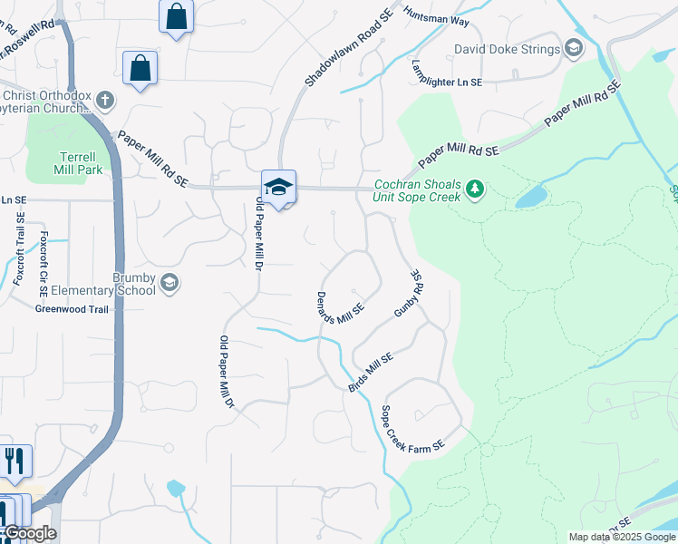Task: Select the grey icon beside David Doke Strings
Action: [573, 47]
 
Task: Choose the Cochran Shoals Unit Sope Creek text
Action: [419, 190]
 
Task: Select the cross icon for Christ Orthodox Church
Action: [106, 99]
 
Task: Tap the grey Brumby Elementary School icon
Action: [169, 284]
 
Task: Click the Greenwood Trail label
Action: [72, 309]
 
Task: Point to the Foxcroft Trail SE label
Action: [18, 249]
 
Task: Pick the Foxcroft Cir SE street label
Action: [43, 257]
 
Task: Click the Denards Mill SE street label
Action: [340, 308]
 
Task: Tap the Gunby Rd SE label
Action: [409, 293]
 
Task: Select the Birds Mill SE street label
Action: [371, 373]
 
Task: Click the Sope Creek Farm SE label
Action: [413, 430]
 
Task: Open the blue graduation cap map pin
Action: [279, 187]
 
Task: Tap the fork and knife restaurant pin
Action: [15, 461]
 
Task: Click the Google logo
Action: [28, 534]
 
